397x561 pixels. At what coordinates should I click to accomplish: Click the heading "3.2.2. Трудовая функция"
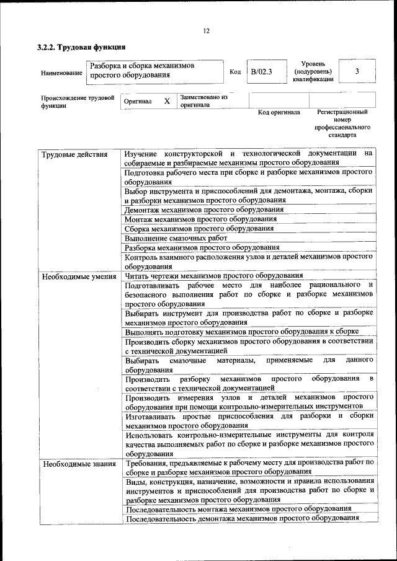point(82,48)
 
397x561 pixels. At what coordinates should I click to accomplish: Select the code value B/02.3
point(261,71)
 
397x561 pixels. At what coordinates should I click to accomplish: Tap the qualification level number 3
point(357,71)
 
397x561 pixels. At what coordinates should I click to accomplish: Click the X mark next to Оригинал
point(166,100)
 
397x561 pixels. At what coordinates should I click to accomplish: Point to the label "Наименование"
point(61,73)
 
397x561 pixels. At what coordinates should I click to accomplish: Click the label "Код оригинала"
point(279,113)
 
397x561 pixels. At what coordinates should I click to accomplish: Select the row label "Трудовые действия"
point(74,154)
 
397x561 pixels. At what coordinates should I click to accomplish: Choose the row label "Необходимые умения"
point(79,276)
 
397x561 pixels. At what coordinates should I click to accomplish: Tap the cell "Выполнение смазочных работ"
point(176,237)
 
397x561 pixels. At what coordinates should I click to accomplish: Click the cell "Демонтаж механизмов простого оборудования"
point(204,210)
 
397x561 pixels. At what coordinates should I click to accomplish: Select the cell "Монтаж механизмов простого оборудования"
point(200,219)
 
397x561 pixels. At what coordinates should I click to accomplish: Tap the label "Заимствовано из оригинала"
point(204,101)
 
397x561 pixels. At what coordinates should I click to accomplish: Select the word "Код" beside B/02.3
point(235,72)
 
